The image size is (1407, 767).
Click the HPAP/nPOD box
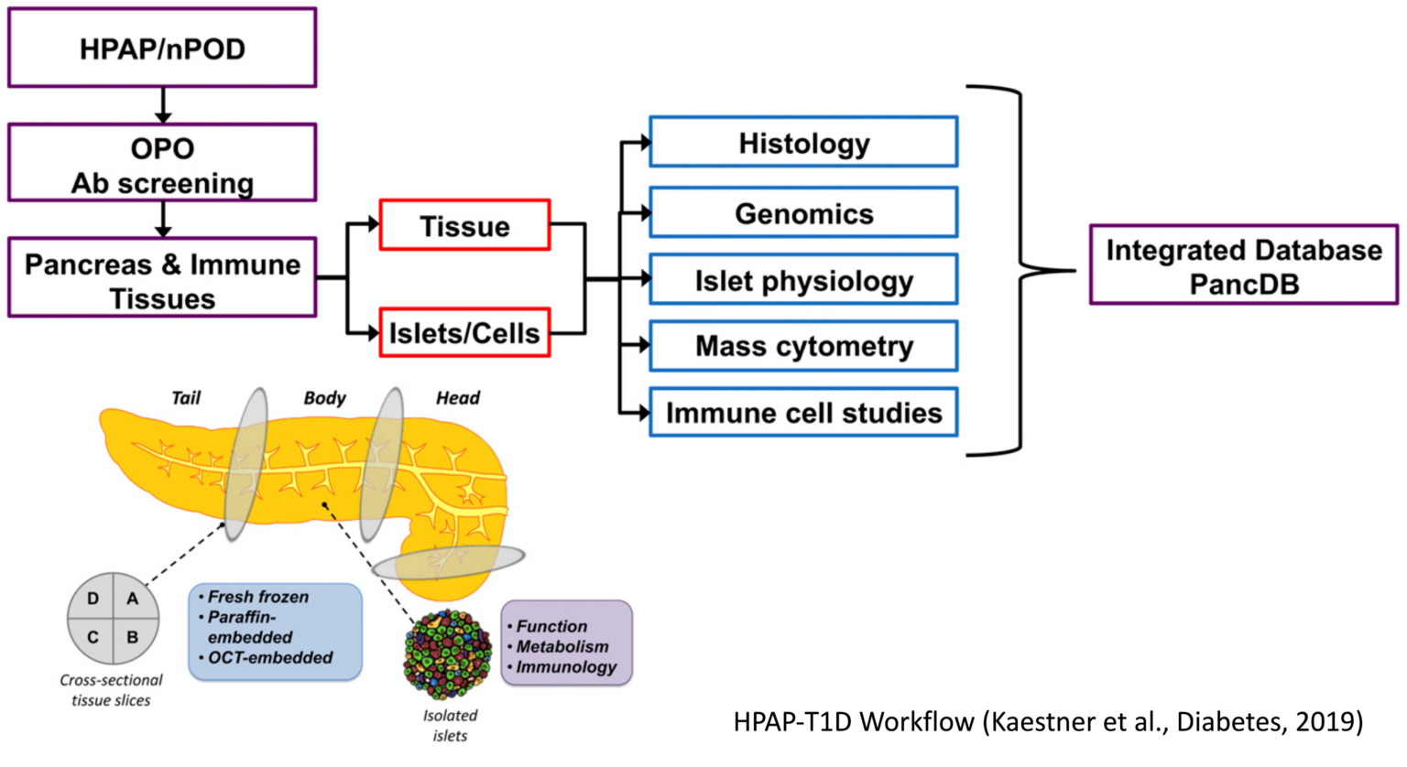coord(162,49)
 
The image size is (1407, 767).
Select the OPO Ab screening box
coord(162,164)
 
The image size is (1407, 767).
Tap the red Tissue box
coord(464,225)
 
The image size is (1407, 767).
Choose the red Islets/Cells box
coord(464,333)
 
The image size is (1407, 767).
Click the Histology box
coord(803,143)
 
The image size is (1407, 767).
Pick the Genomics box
coord(803,213)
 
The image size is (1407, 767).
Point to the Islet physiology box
coord(803,280)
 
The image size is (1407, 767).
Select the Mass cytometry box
coord(803,346)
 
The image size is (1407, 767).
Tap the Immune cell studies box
coord(803,413)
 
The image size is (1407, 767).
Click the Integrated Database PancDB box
coord(1243,265)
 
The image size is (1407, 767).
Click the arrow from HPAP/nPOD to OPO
coord(163,105)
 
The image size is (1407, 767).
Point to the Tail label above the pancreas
coord(186,398)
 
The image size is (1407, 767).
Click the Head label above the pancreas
coord(457,398)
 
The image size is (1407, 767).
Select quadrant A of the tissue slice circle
coord(133,599)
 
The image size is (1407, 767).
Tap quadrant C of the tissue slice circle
coord(93,637)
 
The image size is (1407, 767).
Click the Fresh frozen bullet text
coord(257,597)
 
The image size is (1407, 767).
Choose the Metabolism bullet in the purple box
coord(562,647)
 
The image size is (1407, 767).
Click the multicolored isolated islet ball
coord(447,654)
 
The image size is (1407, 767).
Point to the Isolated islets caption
coord(450,725)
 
